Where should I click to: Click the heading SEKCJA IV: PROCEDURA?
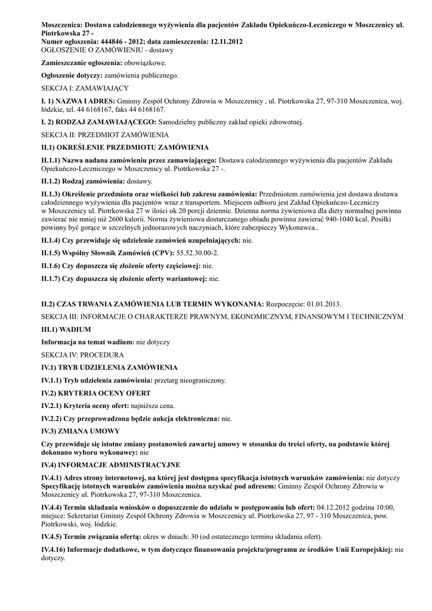(82, 355)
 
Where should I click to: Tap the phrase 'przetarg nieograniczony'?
(190, 380)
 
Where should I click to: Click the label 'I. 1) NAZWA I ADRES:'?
(78, 101)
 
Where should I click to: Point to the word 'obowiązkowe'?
(145, 63)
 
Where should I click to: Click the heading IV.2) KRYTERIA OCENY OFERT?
(95, 393)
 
